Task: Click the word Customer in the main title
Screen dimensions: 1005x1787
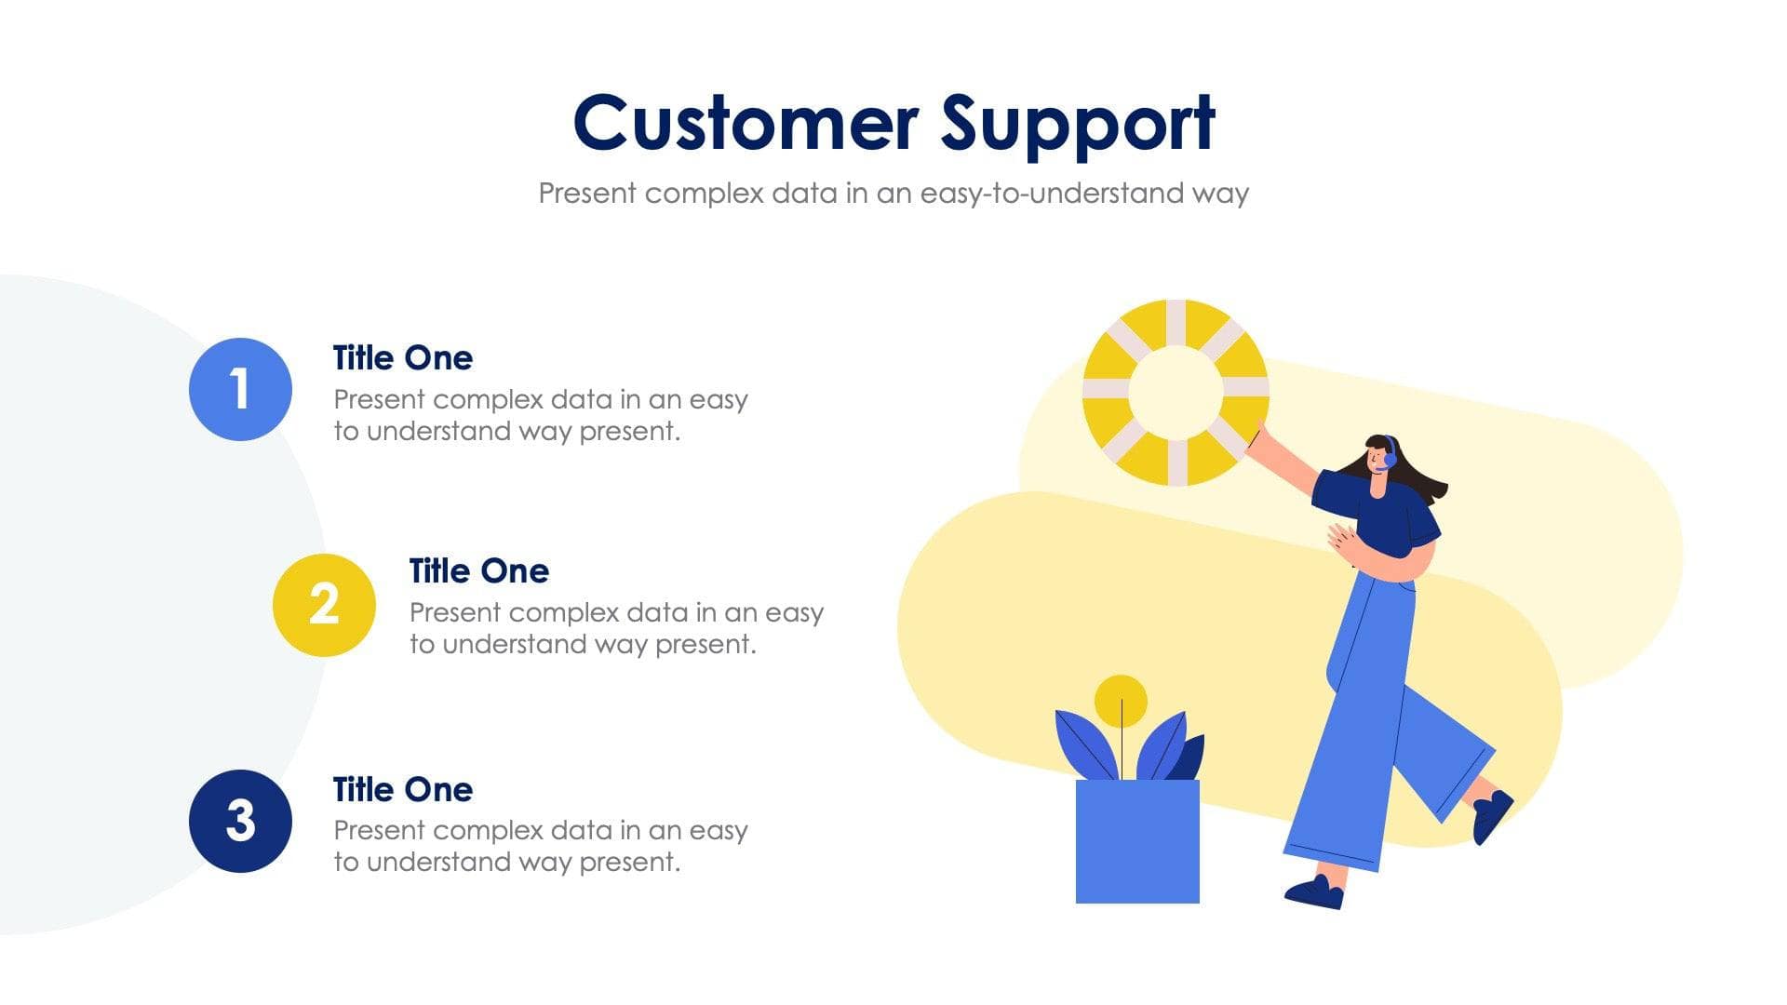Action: click(746, 124)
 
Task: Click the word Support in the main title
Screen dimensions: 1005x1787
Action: click(1077, 124)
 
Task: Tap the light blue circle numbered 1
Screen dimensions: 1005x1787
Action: click(240, 389)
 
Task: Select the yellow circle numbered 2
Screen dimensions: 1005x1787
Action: click(324, 605)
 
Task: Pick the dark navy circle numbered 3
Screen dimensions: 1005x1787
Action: click(240, 821)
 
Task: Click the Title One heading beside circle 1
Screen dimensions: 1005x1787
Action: click(402, 358)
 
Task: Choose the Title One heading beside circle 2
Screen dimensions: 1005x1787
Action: click(478, 571)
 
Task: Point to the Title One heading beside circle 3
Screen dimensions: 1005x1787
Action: click(402, 790)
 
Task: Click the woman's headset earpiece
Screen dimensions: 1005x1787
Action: click(1390, 458)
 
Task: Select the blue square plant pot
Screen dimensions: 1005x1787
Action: click(1137, 841)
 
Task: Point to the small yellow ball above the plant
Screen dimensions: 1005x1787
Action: click(1121, 701)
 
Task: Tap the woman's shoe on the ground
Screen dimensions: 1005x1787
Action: click(1314, 893)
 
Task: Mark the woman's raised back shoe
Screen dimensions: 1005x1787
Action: click(1491, 814)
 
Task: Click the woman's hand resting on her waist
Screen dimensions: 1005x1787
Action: click(1340, 540)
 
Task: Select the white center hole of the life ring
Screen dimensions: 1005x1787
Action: click(1176, 392)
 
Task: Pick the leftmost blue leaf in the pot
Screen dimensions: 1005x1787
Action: click(1082, 744)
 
